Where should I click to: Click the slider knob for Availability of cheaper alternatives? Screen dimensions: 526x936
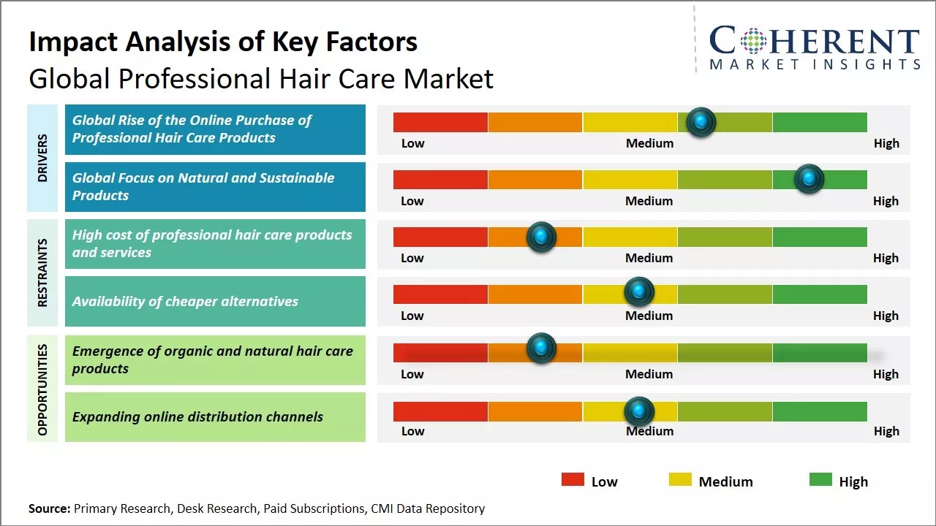(x=639, y=292)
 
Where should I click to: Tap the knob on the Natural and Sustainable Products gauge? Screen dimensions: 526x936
(x=809, y=179)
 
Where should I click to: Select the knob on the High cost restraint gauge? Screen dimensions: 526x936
(x=541, y=237)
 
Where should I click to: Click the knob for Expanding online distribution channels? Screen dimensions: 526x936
(x=639, y=412)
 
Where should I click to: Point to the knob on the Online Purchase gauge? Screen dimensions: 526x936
(x=701, y=122)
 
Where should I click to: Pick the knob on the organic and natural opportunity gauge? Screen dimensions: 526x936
(x=541, y=348)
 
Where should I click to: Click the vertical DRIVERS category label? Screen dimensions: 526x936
(x=42, y=157)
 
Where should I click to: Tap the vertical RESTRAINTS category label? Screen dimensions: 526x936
(x=42, y=272)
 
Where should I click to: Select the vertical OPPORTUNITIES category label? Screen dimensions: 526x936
(x=42, y=389)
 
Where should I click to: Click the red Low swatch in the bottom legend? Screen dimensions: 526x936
(x=573, y=480)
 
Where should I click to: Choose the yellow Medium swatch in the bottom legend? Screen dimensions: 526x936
(x=680, y=480)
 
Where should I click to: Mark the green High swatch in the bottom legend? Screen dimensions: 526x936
(x=820, y=480)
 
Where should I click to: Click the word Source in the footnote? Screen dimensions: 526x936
(x=48, y=508)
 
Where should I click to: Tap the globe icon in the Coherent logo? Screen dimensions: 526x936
(x=753, y=42)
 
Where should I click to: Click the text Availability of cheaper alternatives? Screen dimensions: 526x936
(x=185, y=301)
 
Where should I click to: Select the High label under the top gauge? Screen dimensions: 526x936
(x=886, y=143)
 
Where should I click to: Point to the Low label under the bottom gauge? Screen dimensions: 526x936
(x=412, y=431)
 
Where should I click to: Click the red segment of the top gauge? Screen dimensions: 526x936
(x=440, y=122)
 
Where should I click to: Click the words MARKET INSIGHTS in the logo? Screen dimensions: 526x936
(x=815, y=64)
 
